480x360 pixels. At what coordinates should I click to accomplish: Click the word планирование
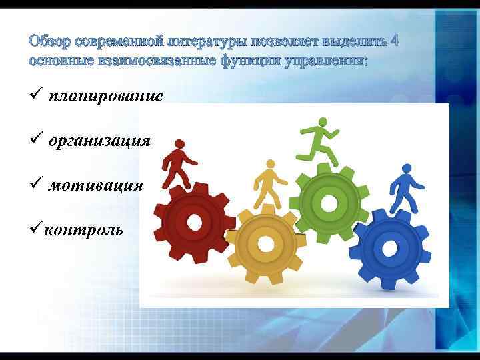[x=105, y=97]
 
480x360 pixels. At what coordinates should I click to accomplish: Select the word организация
[x=99, y=141]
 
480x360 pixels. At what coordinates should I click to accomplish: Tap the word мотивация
[x=95, y=185]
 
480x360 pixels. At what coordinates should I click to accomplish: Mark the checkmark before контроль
[x=35, y=230]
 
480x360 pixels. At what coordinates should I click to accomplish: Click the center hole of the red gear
[x=194, y=222]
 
